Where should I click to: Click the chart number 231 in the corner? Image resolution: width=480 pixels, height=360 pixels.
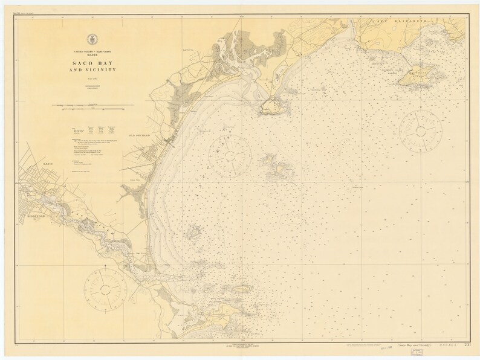point(467,344)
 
